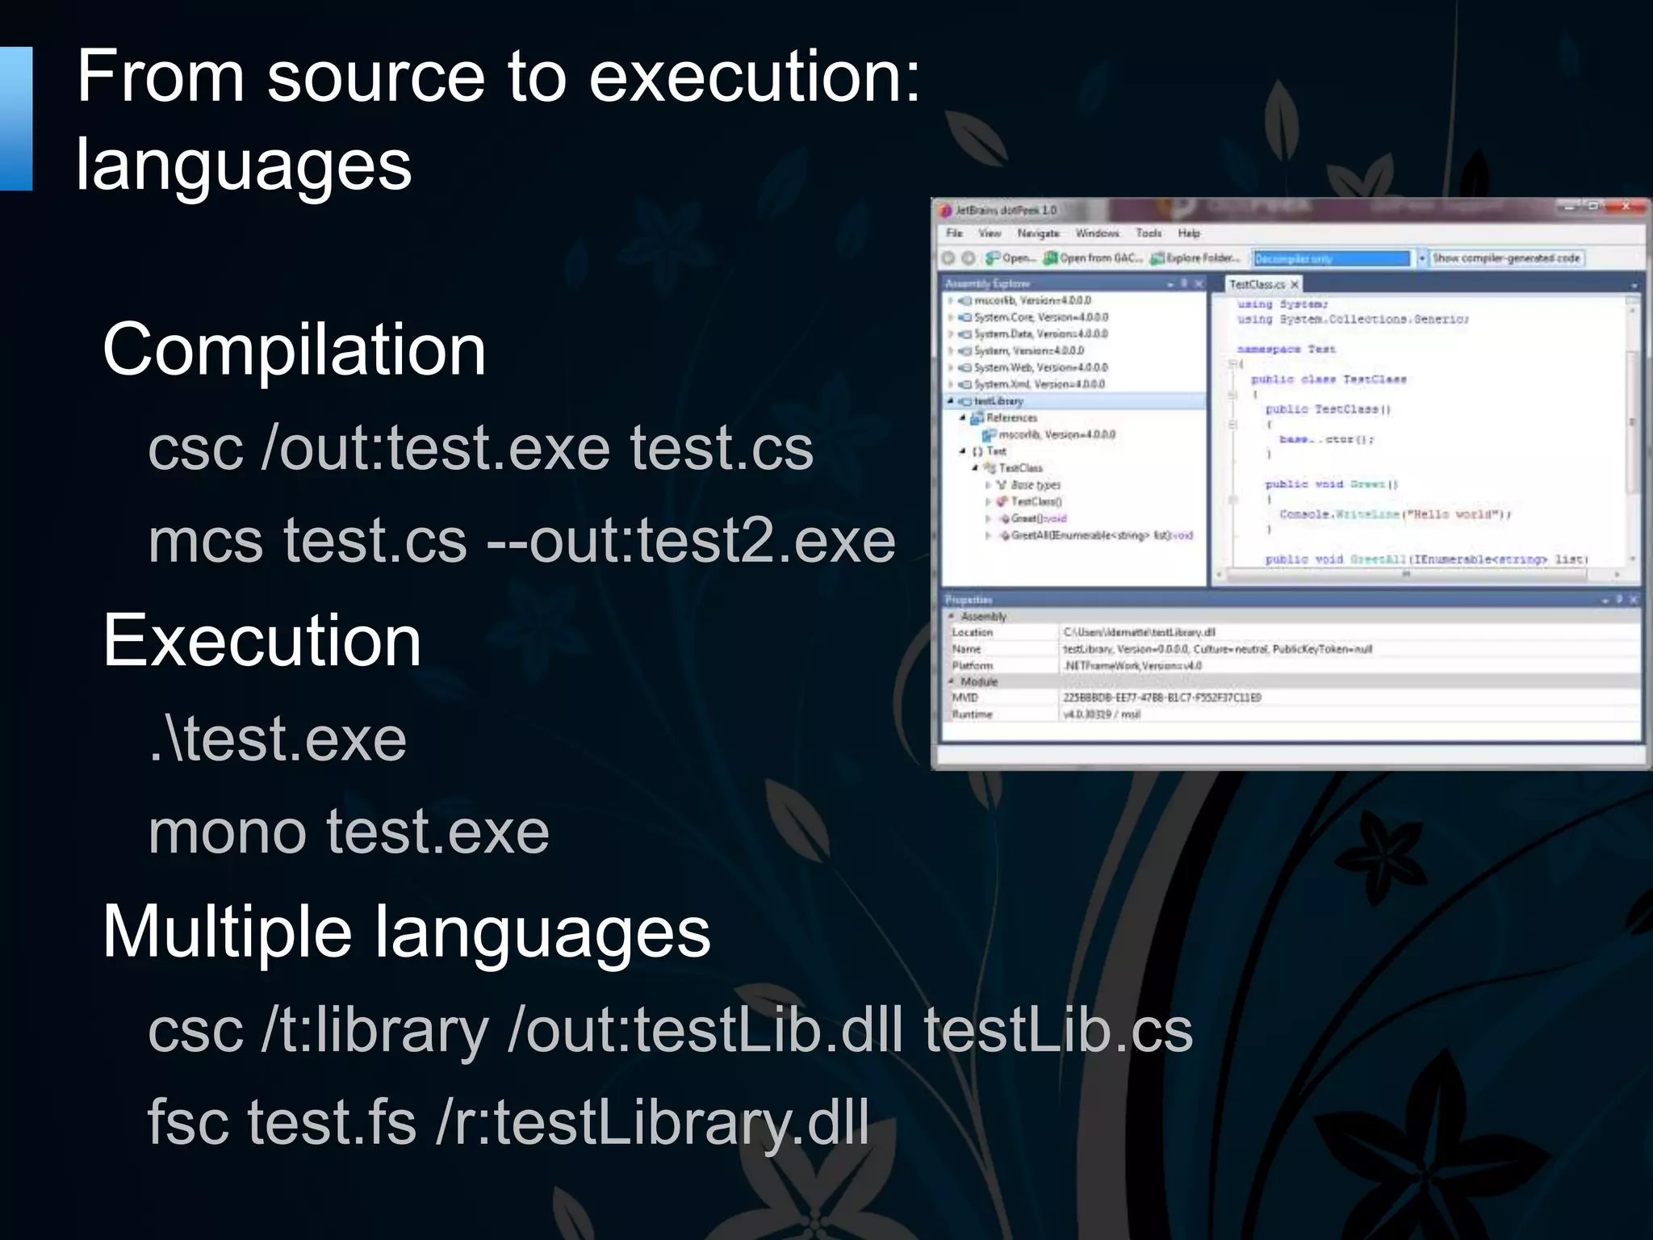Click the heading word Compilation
[x=294, y=350]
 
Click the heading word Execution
[x=262, y=640]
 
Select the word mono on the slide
[x=227, y=832]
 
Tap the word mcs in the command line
[x=205, y=541]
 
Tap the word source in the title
[x=376, y=77]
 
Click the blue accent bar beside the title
[x=15, y=119]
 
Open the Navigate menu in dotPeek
[x=1038, y=233]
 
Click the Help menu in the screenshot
[x=1188, y=233]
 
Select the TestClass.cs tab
[x=1257, y=284]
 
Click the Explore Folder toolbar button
[x=1195, y=258]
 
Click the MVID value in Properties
[x=1161, y=697]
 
